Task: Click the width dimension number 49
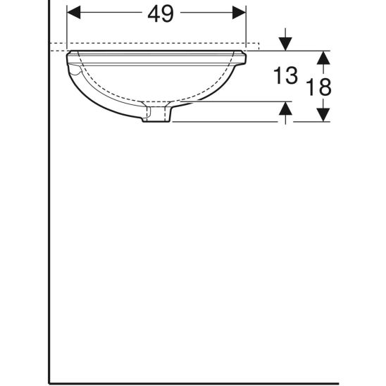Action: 161,14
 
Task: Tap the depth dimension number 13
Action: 285,75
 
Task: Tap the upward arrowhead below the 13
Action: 285,108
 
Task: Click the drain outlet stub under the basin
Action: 156,115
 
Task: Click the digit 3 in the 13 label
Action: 291,75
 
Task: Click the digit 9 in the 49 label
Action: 168,14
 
